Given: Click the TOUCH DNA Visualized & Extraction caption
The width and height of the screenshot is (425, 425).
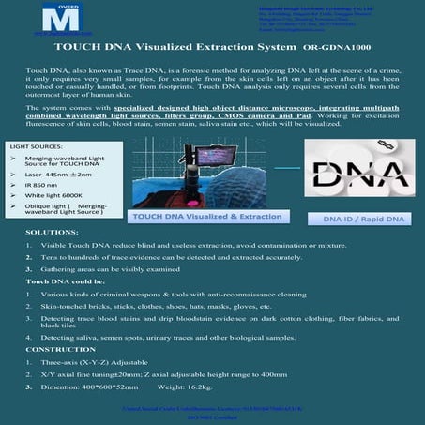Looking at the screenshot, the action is [x=193, y=243].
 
